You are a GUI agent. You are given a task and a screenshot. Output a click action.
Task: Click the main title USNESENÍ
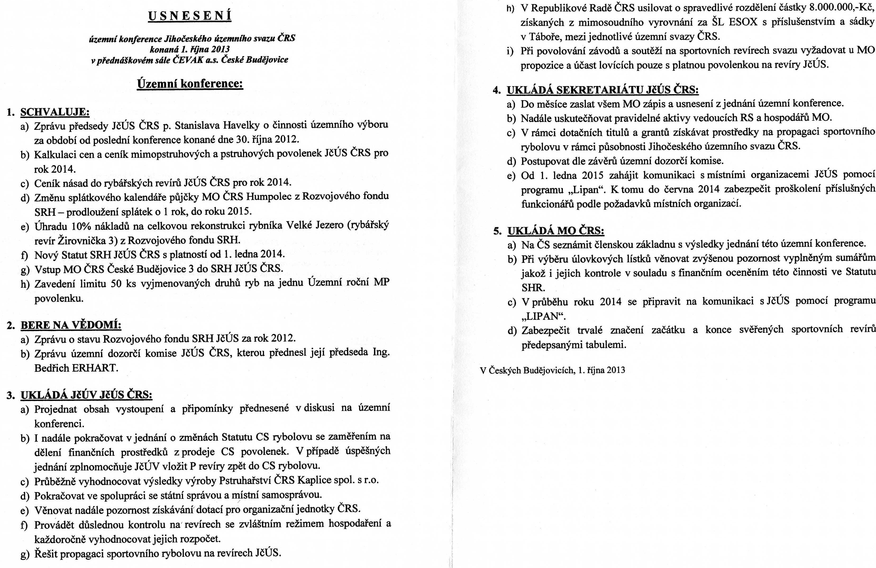coord(190,16)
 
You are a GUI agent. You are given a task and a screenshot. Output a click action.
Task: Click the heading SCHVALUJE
coord(55,112)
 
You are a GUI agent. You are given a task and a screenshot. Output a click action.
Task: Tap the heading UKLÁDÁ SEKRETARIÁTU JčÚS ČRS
coord(603,90)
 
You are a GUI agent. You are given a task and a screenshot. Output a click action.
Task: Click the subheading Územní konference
coord(190,84)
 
